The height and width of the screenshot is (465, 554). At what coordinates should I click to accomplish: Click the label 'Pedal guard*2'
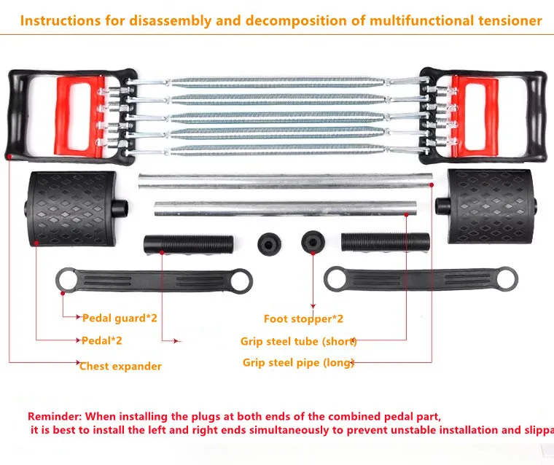[x=120, y=318]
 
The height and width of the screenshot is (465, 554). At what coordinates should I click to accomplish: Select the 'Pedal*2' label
[x=102, y=340]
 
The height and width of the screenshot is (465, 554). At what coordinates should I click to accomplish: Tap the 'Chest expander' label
[x=120, y=366]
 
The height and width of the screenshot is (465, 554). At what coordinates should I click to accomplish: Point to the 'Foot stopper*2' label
[x=303, y=319]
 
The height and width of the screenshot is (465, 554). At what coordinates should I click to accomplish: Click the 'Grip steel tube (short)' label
[x=299, y=341]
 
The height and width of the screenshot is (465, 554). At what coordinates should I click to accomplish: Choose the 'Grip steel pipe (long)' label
[x=299, y=362]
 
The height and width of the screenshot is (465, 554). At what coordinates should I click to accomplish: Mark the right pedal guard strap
[x=421, y=279]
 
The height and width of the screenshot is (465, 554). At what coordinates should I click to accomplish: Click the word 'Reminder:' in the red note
[x=55, y=416]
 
